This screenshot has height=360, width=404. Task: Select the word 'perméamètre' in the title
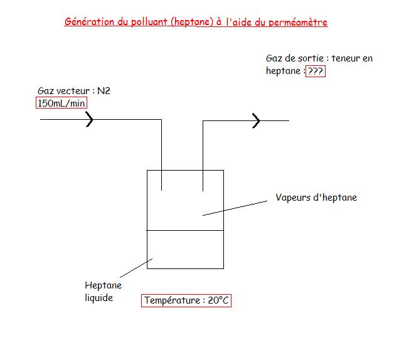click(299, 23)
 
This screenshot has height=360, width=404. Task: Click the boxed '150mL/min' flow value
click(61, 103)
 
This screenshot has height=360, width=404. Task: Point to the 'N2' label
click(104, 91)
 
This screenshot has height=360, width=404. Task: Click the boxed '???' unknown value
click(316, 71)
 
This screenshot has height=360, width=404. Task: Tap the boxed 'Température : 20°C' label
click(186, 300)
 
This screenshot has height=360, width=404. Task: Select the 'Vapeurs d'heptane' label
click(316, 198)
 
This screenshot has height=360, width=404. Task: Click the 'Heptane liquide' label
click(103, 292)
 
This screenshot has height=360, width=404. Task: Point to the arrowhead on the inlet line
click(90, 120)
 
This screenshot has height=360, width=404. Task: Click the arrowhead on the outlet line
click(255, 120)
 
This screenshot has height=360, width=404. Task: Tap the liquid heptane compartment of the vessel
click(185, 250)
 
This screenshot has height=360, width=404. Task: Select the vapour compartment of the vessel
click(185, 207)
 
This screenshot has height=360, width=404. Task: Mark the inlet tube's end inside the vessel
click(162, 189)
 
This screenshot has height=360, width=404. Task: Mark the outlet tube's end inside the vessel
click(203, 189)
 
